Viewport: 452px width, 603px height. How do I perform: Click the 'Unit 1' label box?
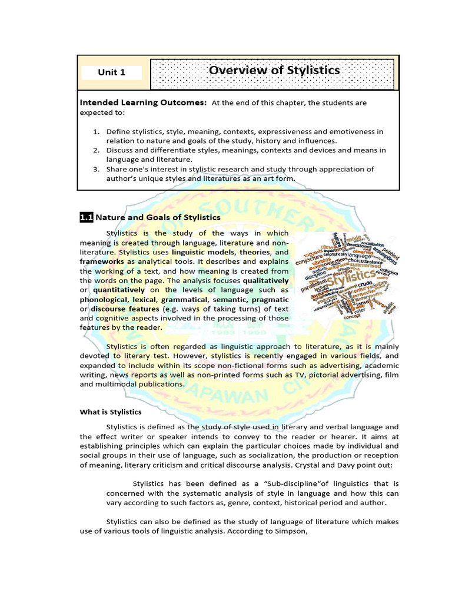pos(112,72)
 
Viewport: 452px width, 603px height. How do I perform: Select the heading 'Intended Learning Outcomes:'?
pos(143,102)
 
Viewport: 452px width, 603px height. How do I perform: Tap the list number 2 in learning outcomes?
pos(97,150)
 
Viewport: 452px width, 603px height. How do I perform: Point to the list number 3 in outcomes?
pos(97,169)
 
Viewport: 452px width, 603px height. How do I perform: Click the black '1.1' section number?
pos(87,217)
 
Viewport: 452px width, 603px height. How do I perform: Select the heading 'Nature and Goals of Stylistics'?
pos(158,217)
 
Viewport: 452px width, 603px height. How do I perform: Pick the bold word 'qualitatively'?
pos(265,280)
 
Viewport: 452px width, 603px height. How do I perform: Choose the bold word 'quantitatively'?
pos(118,290)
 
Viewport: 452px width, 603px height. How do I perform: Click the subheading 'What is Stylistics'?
pos(111,412)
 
